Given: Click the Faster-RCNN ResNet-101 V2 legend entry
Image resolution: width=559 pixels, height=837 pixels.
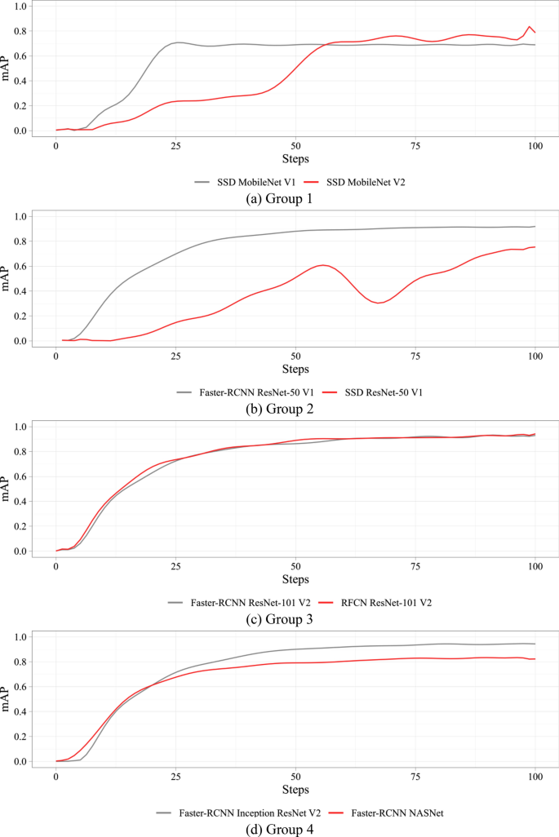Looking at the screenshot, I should click(x=242, y=602).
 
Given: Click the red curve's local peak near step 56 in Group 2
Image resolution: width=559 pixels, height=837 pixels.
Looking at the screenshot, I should click(x=323, y=265).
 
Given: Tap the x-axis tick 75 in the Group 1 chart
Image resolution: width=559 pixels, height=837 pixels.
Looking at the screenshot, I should click(x=415, y=145).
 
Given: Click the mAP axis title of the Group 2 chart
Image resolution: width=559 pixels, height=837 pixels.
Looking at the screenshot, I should click(x=7, y=278).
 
